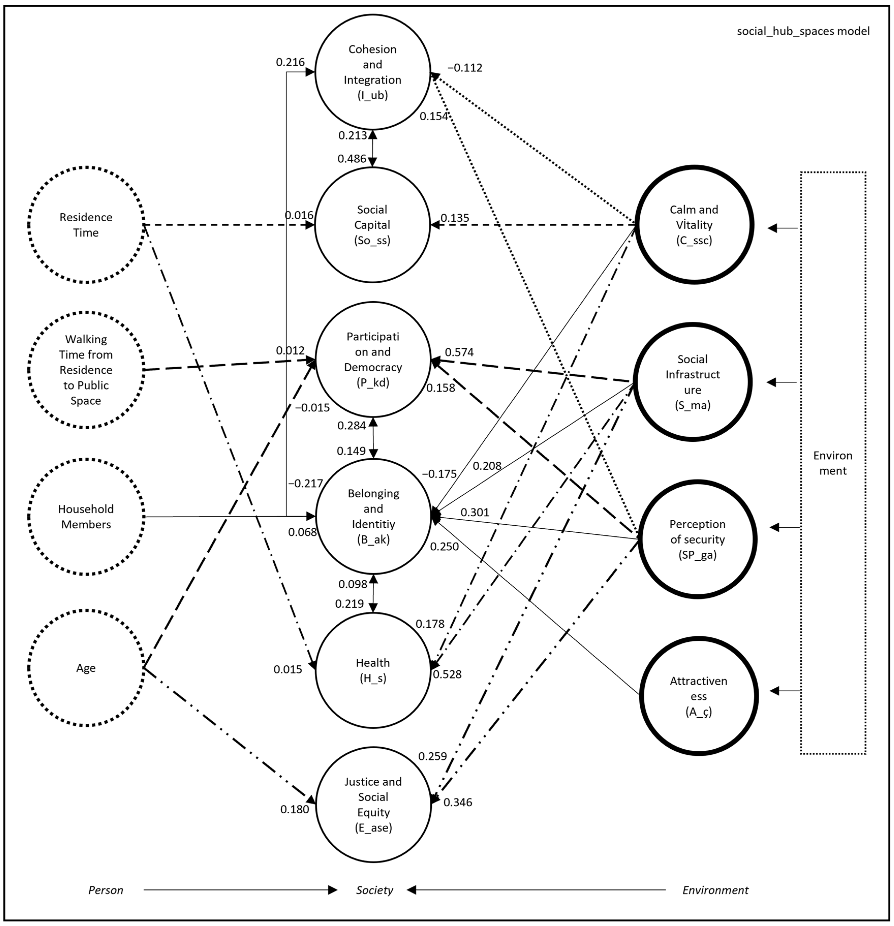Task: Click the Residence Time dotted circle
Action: coord(86,225)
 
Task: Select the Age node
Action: coord(86,668)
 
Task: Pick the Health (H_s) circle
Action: coord(373,670)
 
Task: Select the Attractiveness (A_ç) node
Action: coord(698,696)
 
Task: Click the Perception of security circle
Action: coord(697,539)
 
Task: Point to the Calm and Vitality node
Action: coord(694,225)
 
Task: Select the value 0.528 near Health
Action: coord(447,674)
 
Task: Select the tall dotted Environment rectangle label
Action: coord(833,463)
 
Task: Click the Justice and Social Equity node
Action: coord(373,804)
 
